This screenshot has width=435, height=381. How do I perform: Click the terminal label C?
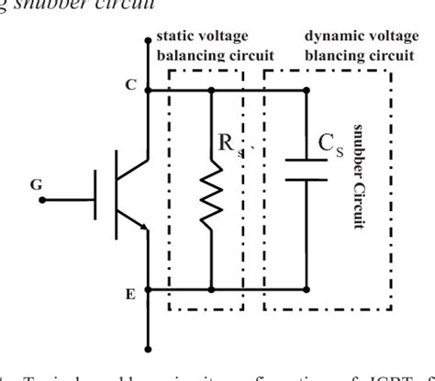coord(129,84)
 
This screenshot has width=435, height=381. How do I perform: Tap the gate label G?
coord(36,185)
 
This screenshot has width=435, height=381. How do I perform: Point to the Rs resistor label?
coord(230,145)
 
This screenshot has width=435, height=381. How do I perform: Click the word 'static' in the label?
coord(175,38)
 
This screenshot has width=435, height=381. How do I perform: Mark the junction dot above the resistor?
coord(212,89)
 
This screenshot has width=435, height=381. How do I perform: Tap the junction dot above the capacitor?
coord(305,89)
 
